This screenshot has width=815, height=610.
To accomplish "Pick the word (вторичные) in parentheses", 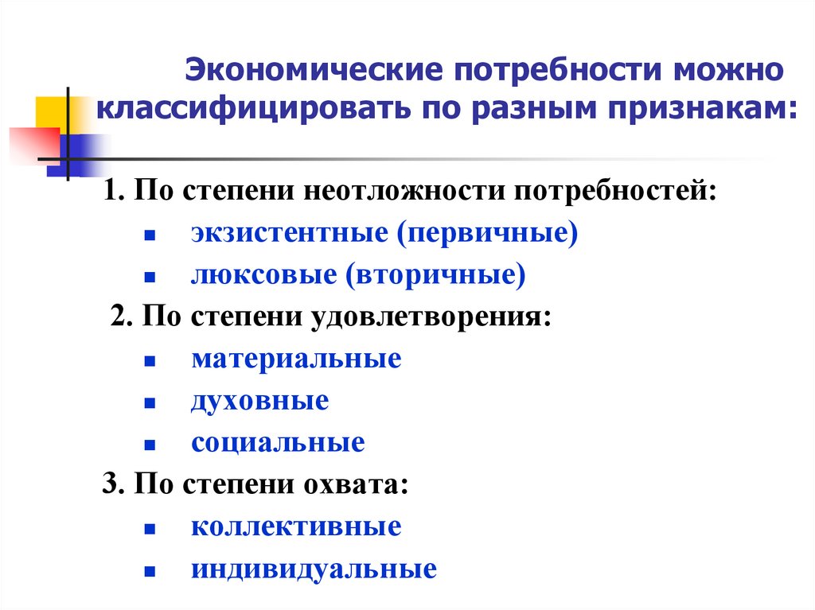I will point(435,275).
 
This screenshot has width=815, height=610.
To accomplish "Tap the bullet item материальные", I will point(296,359).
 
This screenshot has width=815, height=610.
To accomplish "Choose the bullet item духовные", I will point(259,401).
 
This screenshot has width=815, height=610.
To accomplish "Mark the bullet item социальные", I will point(278,443).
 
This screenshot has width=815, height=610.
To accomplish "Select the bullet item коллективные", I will point(296,526).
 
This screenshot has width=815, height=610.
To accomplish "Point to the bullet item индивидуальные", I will point(314,569).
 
